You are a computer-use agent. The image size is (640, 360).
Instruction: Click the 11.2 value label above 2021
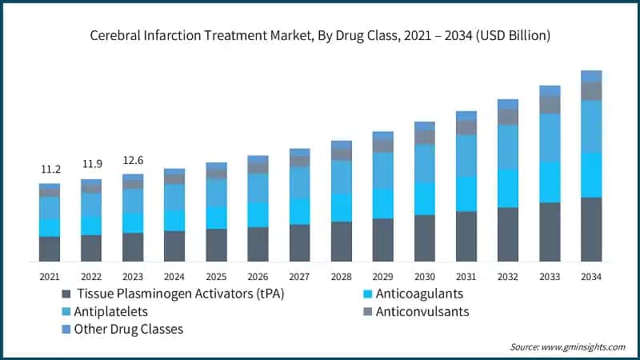tap(50, 170)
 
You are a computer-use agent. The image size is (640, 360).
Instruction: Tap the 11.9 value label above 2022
tap(91, 165)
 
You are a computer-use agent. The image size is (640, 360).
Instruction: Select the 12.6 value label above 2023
tap(133, 159)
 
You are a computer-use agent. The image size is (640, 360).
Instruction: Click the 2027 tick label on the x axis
tap(299, 276)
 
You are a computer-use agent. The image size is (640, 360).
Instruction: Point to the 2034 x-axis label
tap(591, 276)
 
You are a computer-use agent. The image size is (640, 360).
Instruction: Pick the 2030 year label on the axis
tap(424, 276)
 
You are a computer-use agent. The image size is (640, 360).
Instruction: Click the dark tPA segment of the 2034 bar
tap(591, 230)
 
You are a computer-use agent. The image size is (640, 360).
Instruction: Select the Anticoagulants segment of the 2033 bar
tap(550, 182)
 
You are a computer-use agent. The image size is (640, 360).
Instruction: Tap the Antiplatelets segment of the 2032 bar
tap(508, 147)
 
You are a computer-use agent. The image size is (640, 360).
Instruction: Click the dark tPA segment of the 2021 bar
tap(50, 249)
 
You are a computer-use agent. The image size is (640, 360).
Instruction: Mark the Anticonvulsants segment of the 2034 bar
tap(591, 91)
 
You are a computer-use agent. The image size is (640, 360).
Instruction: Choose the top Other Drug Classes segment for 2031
tap(466, 116)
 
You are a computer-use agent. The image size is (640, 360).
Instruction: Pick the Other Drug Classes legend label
tap(129, 329)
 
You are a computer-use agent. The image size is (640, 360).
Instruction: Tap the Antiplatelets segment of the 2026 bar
tap(258, 188)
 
